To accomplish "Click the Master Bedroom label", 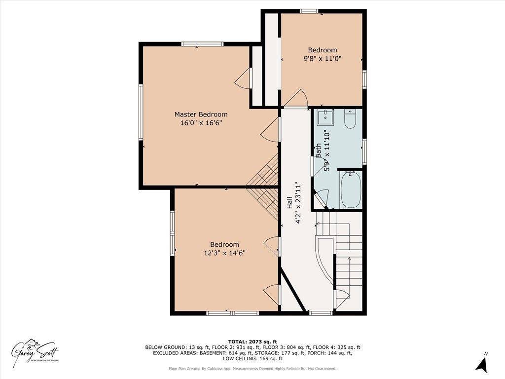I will (201, 114).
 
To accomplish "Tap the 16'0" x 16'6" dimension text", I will (201, 123).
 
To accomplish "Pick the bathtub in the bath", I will (351, 189).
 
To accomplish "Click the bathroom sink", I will (325, 117).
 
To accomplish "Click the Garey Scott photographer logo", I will (36, 351).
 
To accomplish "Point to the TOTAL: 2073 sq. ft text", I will (252, 341).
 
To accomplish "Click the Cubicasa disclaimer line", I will (252, 369).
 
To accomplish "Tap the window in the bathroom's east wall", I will (364, 151).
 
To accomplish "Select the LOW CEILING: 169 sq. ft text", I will (252, 359).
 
